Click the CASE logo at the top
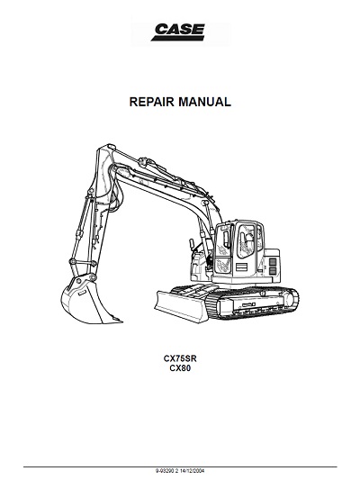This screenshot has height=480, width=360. pyautogui.click(x=178, y=32)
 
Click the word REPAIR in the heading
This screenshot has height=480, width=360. pyautogui.click(x=152, y=102)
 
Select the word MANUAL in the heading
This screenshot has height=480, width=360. pyautogui.click(x=204, y=102)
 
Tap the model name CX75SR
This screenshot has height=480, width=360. pyautogui.click(x=180, y=358)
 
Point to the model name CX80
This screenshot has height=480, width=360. pyautogui.click(x=180, y=368)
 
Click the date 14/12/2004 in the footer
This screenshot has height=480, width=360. pyautogui.click(x=193, y=470)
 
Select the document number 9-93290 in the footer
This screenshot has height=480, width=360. pyautogui.click(x=164, y=470)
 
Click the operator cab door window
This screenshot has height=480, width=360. pyautogui.click(x=247, y=240)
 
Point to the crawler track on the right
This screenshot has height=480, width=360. pyautogui.click(x=254, y=303)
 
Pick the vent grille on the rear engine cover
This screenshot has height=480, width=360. pyautogui.click(x=272, y=266)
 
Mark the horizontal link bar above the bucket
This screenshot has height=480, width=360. pyautogui.click(x=84, y=262)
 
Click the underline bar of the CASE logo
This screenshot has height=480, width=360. pyautogui.click(x=177, y=38)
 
